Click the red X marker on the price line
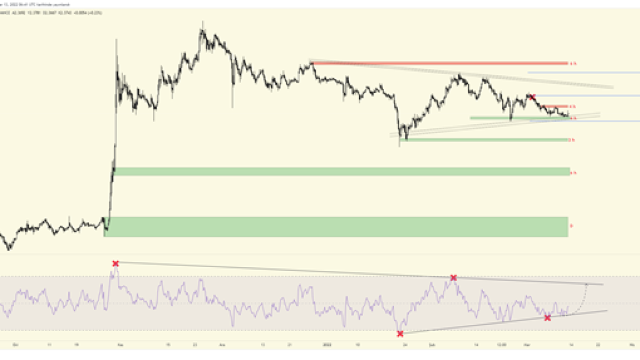[x=532, y=97]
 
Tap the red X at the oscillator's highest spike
[x=115, y=263]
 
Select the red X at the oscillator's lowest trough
[x=400, y=334]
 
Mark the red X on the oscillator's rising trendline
[x=547, y=318]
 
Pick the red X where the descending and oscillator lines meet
[x=453, y=278]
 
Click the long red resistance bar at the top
[x=439, y=63]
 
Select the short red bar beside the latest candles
[x=558, y=107]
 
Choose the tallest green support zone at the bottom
[x=336, y=227]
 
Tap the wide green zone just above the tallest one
[x=341, y=172]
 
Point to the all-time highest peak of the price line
[x=202, y=24]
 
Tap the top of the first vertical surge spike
[x=116, y=39]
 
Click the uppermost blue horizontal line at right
[x=583, y=73]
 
